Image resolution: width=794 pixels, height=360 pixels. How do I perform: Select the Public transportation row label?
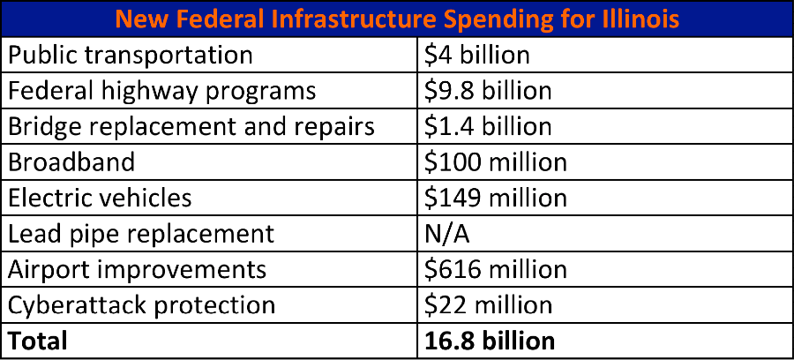[x=131, y=55]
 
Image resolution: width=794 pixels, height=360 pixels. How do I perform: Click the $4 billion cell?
[x=476, y=55]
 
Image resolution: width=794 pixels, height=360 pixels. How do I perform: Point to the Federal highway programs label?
[x=161, y=91]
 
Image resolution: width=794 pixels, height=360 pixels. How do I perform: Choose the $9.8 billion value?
[x=488, y=91]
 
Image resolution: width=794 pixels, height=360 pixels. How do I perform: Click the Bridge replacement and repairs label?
[x=191, y=126]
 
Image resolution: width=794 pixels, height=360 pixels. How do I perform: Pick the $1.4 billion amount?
[x=488, y=126]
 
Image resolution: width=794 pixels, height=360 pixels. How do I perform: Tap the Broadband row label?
[x=71, y=162]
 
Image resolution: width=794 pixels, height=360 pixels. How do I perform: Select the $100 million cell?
[x=495, y=162]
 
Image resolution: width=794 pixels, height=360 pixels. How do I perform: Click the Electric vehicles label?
[x=100, y=198]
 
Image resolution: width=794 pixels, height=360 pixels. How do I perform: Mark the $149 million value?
[x=495, y=198]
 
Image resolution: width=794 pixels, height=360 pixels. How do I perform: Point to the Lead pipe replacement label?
[x=141, y=234]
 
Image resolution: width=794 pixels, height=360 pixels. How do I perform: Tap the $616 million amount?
[x=495, y=269]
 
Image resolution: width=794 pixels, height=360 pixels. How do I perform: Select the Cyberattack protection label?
[x=141, y=305]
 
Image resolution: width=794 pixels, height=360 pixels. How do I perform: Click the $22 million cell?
[x=488, y=305]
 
